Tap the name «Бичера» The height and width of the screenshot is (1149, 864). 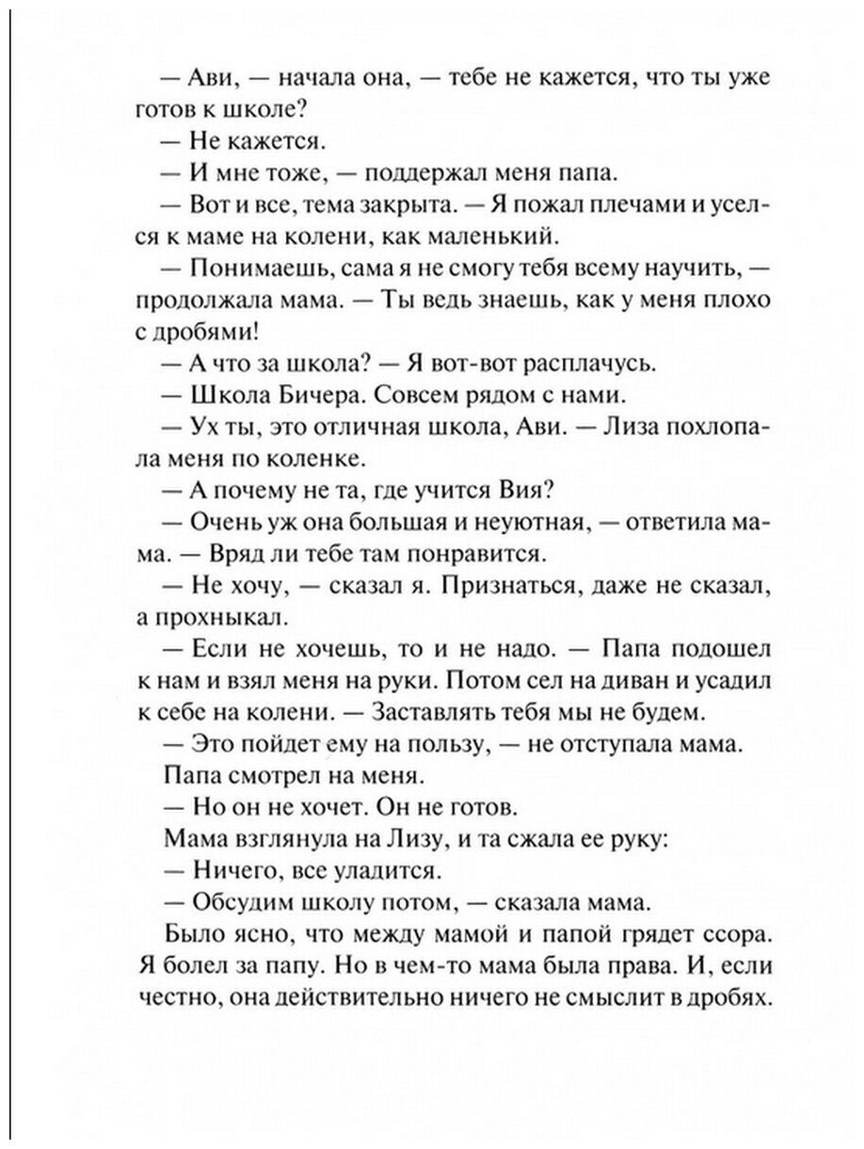(313, 394)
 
